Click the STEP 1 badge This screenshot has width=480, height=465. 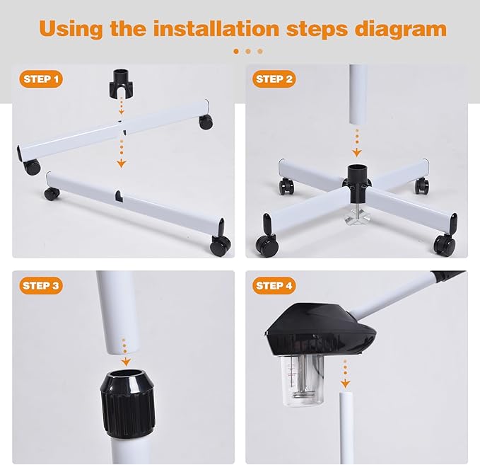coord(41,79)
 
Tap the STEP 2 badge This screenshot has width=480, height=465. coord(274,79)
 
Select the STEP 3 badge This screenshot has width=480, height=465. coord(41,286)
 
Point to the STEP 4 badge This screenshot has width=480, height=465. coord(274,286)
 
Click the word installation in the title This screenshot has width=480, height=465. coord(216,28)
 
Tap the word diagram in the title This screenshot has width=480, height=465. coord(401,30)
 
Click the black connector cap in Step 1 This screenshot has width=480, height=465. coord(121,83)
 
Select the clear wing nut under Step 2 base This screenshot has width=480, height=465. coord(356,217)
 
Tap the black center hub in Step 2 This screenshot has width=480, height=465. coord(356,183)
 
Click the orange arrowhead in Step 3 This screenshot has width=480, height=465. coord(126,362)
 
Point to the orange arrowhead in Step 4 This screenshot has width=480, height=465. coord(345,384)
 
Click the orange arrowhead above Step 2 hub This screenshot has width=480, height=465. coord(356,152)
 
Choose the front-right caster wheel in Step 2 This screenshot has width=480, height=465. coord(445,245)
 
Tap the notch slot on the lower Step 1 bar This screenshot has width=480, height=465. coord(119,196)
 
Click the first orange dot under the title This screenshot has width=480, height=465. coord(236,51)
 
